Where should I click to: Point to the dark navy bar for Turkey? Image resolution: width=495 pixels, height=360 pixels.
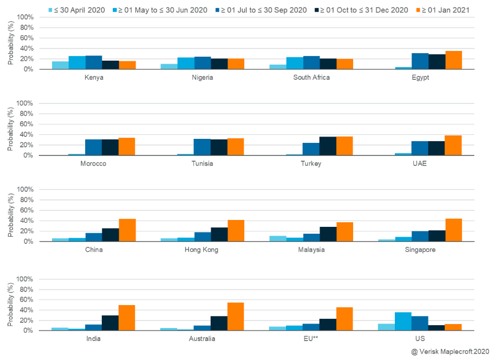point(328,146)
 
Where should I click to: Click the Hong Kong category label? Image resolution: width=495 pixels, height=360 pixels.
point(202,249)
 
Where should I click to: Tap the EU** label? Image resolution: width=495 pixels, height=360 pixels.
point(311,339)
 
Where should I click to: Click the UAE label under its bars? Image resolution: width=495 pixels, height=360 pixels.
point(420,163)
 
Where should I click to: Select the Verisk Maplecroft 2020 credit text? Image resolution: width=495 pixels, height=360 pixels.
point(450,351)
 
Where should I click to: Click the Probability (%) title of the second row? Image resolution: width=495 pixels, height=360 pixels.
point(10,130)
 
